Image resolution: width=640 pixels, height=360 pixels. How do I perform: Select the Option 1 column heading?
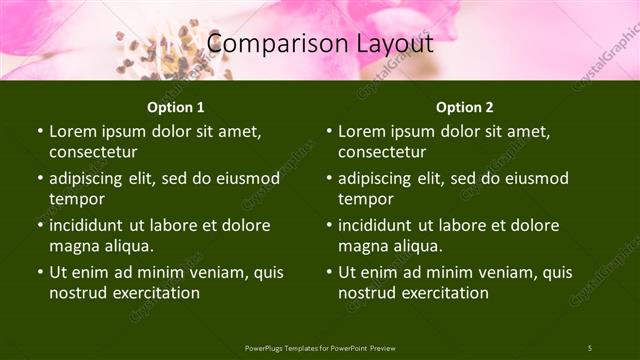point(176,106)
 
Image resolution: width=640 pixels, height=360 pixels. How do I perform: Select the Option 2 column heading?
point(465,106)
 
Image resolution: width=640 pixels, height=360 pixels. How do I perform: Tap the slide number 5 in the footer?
point(589,348)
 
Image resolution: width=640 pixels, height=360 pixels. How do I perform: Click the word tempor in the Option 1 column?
point(75,199)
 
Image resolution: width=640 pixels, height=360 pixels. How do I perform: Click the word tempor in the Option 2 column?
point(364,199)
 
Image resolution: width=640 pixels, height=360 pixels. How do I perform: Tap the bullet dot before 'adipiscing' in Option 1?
point(40,179)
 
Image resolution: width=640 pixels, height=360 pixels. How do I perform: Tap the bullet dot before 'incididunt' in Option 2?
point(329,226)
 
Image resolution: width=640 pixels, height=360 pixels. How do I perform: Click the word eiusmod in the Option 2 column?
point(535,178)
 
